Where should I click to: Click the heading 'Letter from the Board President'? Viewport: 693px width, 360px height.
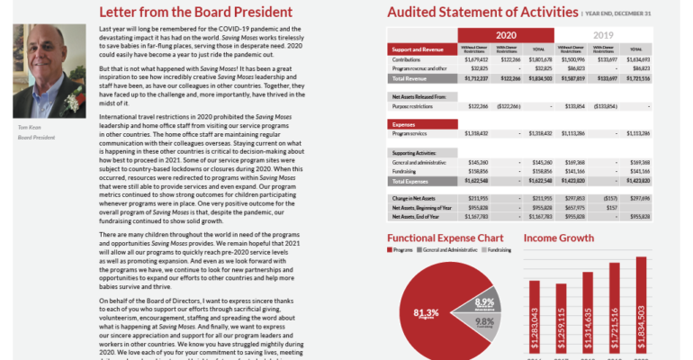195,13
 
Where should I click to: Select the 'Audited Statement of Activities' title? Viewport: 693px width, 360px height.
481,13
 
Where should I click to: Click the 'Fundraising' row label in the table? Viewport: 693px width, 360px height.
408,169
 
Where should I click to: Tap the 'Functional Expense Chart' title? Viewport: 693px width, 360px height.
445,238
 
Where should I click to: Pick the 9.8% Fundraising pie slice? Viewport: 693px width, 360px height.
482,324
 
